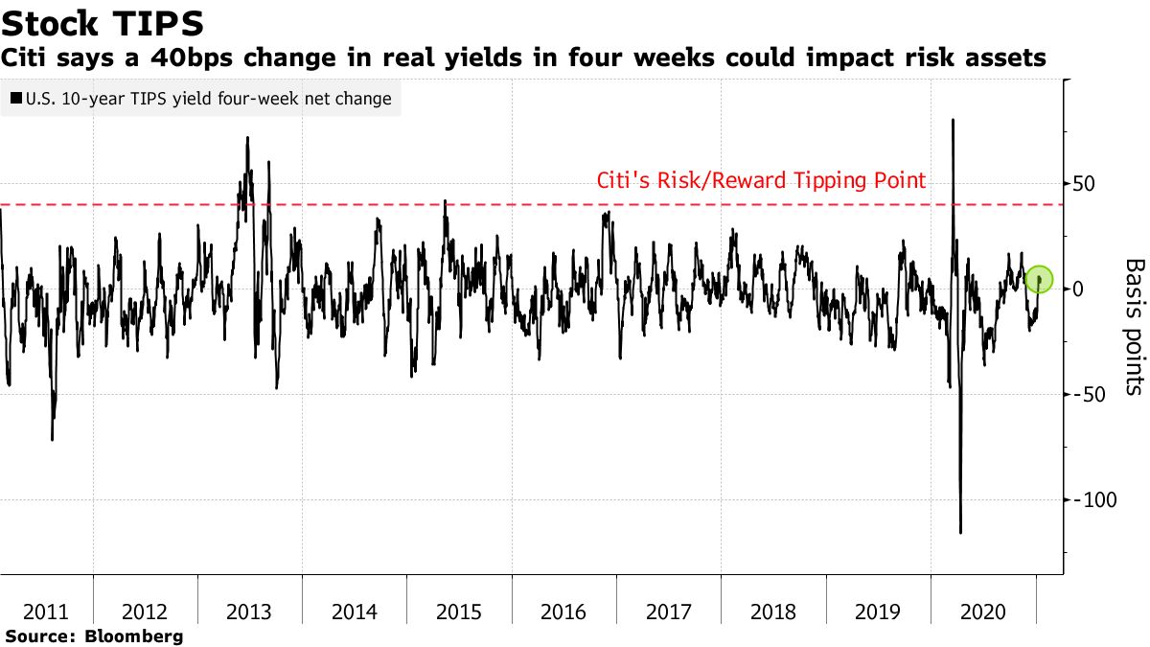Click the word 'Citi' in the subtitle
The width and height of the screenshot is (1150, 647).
pyautogui.click(x=28, y=58)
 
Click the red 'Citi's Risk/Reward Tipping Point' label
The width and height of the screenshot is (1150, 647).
pyautogui.click(x=761, y=180)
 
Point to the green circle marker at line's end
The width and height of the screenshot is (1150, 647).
pyautogui.click(x=1040, y=280)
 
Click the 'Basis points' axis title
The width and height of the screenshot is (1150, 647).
pyautogui.click(x=1134, y=326)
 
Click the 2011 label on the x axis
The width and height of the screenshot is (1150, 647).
pyautogui.click(x=46, y=612)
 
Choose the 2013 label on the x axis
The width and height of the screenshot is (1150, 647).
pyautogui.click(x=249, y=612)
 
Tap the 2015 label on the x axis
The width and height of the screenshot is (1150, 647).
pyautogui.click(x=458, y=612)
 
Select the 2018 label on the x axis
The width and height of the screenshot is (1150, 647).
pyautogui.click(x=772, y=612)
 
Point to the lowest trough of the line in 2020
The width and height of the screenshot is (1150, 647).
pyautogui.click(x=960, y=533)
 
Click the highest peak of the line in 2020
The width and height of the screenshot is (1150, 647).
pyautogui.click(x=953, y=120)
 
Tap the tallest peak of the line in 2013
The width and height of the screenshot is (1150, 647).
pyautogui.click(x=247, y=137)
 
